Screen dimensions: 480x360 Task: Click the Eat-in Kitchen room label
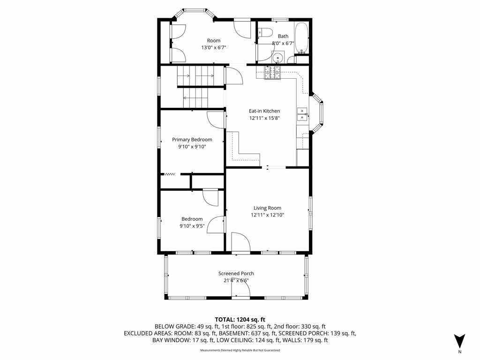click(264, 111)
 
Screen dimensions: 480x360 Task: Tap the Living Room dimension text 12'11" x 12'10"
click(268, 215)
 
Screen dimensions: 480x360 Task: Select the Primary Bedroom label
click(192, 140)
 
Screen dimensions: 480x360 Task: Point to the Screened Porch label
click(236, 273)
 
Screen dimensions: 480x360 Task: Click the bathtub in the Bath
click(302, 38)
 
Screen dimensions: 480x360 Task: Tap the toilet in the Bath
click(265, 32)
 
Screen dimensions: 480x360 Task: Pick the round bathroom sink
click(278, 58)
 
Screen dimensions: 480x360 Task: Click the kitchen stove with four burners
click(272, 73)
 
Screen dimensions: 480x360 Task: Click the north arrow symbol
click(459, 341)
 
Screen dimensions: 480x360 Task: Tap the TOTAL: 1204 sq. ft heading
click(240, 320)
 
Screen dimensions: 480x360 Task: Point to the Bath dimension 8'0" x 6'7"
click(283, 43)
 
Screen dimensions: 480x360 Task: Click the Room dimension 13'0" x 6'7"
click(213, 47)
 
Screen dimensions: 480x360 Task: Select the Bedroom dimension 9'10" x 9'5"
click(192, 226)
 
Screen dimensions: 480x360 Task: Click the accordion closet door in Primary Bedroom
click(170, 174)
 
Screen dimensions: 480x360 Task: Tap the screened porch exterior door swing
click(240, 288)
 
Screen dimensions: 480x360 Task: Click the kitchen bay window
click(317, 112)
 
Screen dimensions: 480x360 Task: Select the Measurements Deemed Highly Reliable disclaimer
click(240, 350)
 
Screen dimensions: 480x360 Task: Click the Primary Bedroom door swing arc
click(216, 120)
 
